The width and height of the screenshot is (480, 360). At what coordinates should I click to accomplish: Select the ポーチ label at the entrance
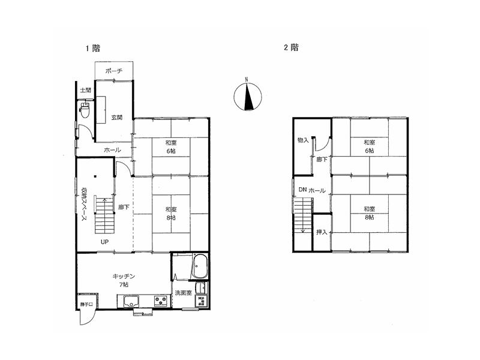(x=113, y=71)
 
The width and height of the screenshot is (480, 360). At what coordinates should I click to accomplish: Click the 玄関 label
(x=116, y=118)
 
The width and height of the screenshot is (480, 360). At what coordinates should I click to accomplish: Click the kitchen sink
(x=132, y=301)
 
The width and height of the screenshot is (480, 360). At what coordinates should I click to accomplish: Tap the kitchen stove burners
(x=161, y=301)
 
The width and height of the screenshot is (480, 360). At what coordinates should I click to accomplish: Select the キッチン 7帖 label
(x=124, y=280)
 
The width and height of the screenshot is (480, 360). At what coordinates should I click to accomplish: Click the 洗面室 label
(x=183, y=293)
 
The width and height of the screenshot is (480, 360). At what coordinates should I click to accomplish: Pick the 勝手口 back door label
(x=87, y=305)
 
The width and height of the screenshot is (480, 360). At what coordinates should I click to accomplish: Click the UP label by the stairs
(x=104, y=242)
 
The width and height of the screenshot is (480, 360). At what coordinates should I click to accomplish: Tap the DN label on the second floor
(x=302, y=190)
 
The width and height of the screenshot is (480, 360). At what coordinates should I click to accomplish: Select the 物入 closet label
(x=302, y=140)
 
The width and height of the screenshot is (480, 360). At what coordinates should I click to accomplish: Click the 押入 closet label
(x=322, y=232)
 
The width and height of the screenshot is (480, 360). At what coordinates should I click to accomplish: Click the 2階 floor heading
(x=290, y=49)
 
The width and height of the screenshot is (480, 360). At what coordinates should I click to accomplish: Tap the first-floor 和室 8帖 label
(x=171, y=214)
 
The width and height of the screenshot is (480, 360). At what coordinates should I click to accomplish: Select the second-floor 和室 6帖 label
(x=368, y=146)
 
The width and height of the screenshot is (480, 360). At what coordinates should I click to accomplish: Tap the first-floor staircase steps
(x=104, y=213)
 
